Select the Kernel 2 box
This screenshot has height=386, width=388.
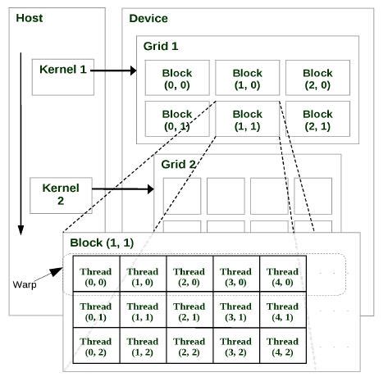(x=61, y=194)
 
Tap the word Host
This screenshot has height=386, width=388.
(x=29, y=17)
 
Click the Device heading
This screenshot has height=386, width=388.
(x=148, y=18)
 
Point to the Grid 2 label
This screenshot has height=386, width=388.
(x=178, y=164)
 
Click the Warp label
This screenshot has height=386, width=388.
(x=25, y=284)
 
